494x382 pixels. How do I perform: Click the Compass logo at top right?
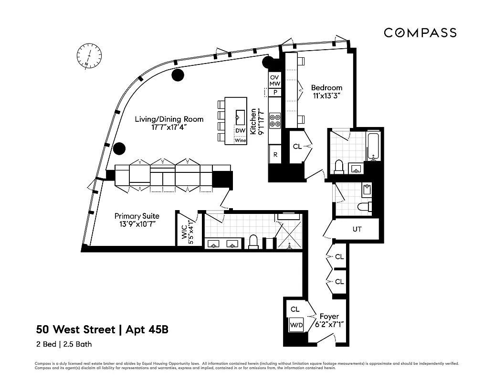[420, 32]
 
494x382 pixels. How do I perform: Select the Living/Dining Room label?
[168, 123]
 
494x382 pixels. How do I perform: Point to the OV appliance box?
[274, 77]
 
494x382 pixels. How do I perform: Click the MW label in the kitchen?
[274, 84]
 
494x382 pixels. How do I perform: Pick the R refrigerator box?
[275, 155]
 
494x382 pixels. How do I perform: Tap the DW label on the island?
[241, 131]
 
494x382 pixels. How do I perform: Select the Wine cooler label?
[241, 140]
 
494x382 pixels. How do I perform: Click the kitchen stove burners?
[275, 120]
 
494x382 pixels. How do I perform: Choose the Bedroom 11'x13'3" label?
[326, 92]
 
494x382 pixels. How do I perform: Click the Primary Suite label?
[137, 220]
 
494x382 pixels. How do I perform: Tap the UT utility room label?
[357, 229]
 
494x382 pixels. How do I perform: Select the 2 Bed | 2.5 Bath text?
[64, 344]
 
